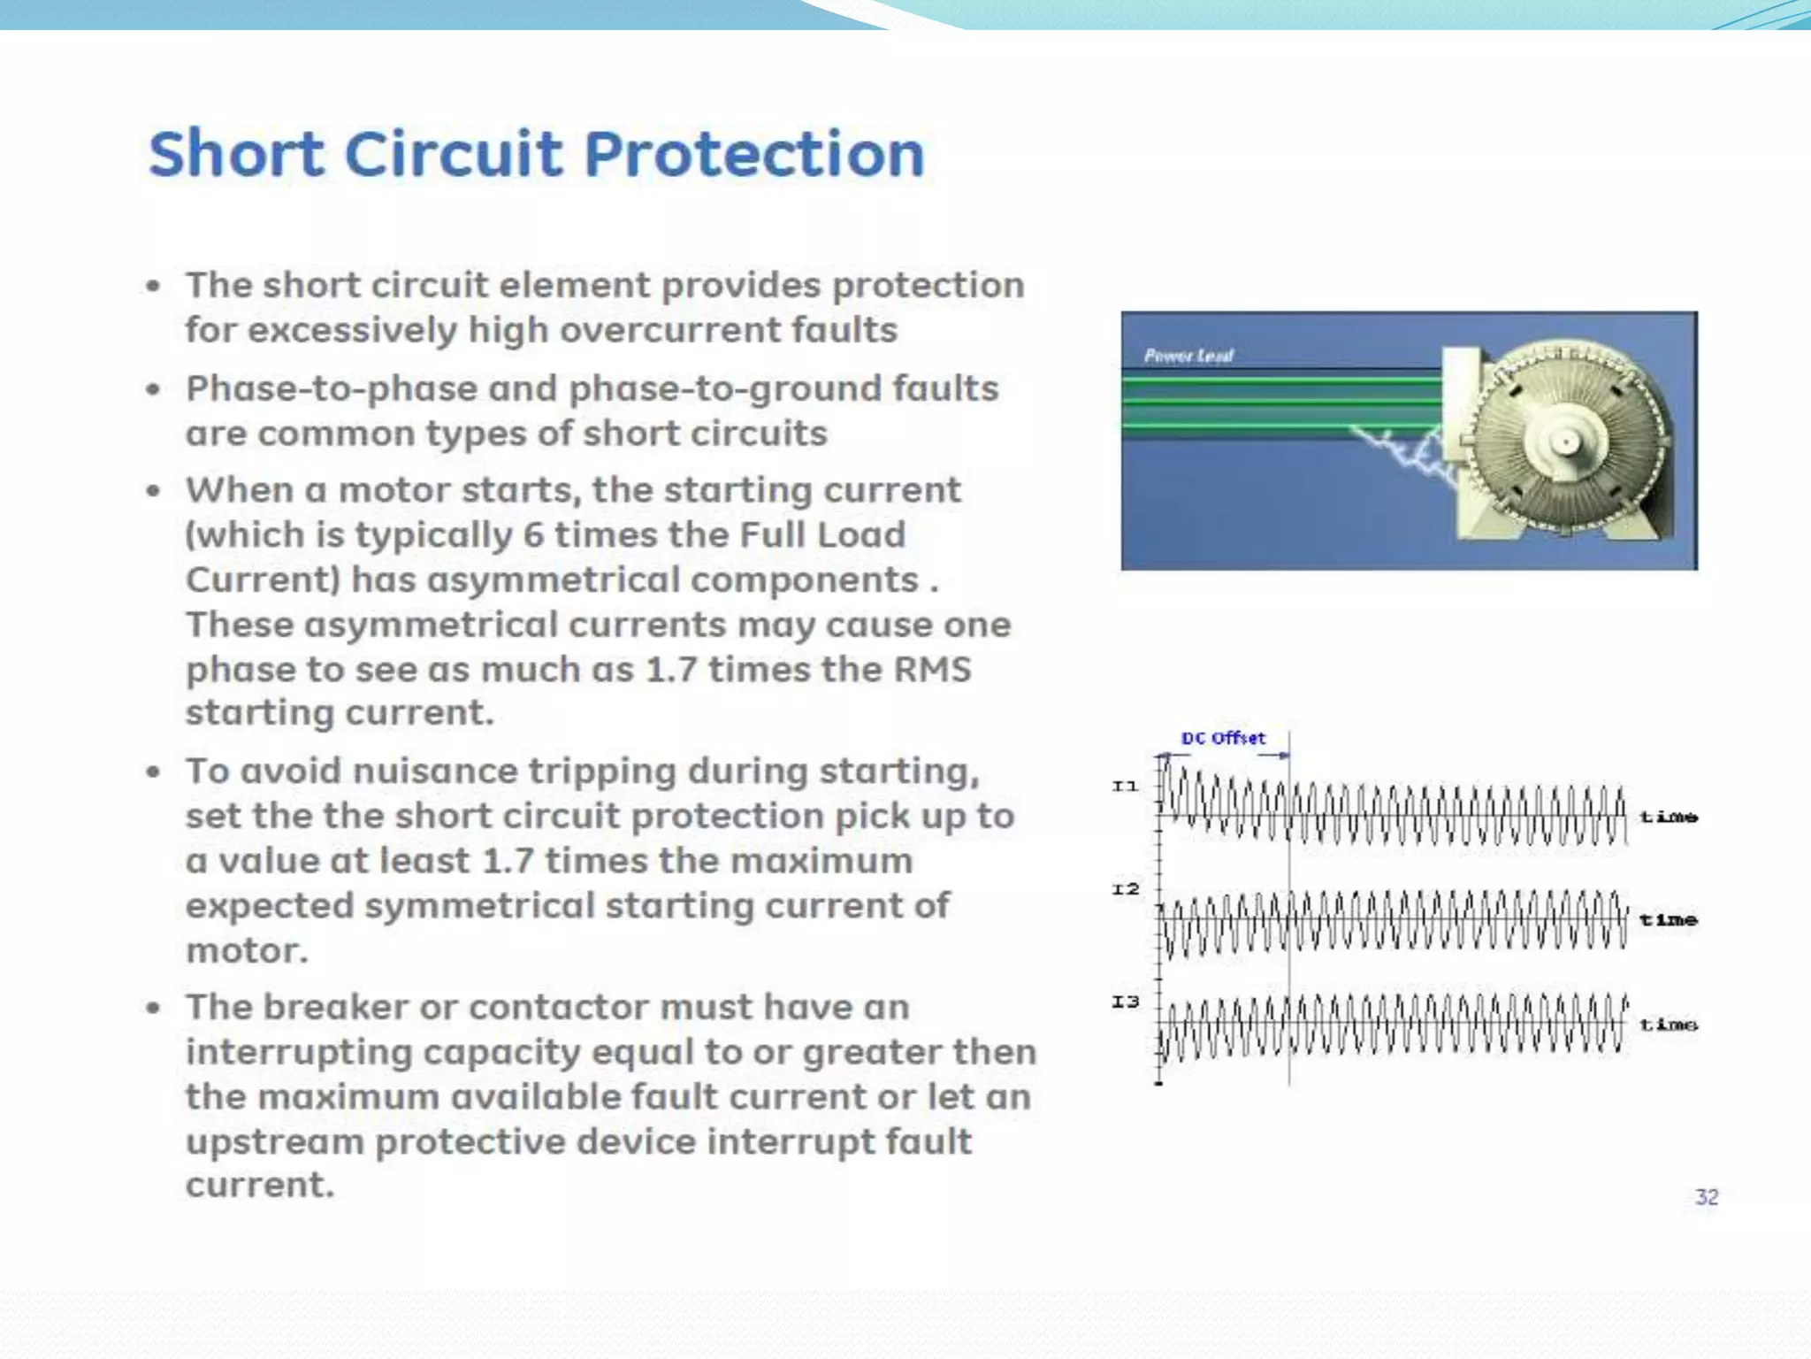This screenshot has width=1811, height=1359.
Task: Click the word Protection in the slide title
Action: (x=753, y=155)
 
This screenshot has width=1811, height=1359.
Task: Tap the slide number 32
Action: (x=1706, y=1197)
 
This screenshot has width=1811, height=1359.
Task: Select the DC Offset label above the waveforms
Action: (x=1223, y=738)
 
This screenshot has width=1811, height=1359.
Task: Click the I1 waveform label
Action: (x=1125, y=786)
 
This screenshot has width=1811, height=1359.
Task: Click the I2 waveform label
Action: (x=1125, y=889)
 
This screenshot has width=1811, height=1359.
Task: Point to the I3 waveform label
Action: (x=1125, y=1002)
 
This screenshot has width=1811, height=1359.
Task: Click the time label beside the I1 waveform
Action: (x=1668, y=817)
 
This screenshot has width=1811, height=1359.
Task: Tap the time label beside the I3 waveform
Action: (x=1668, y=1025)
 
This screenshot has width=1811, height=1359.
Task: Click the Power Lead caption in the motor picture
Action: (x=1188, y=356)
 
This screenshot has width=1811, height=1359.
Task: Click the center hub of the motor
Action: (x=1565, y=441)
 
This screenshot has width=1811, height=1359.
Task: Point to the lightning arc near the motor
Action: (x=1406, y=451)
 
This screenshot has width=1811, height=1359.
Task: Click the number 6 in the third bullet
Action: (x=532, y=535)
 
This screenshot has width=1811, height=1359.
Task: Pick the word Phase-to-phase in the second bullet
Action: (x=332, y=389)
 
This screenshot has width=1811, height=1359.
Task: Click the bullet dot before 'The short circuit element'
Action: (x=154, y=286)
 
